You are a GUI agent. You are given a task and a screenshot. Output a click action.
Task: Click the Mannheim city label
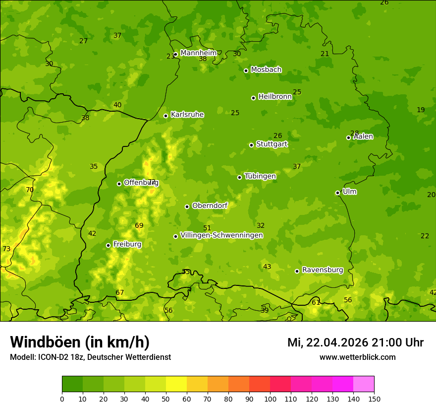[x=198, y=53]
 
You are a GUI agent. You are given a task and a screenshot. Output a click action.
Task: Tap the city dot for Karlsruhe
[x=165, y=116]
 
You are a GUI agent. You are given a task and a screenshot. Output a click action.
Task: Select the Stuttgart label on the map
[x=272, y=144]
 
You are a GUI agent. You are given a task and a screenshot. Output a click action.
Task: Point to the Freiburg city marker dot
[x=108, y=245]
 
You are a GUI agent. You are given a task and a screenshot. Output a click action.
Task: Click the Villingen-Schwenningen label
[x=221, y=235]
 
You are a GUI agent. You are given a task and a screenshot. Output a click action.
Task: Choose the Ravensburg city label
[x=322, y=270]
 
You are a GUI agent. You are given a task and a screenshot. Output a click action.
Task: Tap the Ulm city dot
[x=337, y=193]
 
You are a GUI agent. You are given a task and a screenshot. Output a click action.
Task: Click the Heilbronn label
[x=274, y=97]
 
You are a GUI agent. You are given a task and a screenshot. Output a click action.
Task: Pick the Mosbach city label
[x=266, y=70]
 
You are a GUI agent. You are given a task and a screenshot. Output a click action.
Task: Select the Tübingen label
[x=260, y=176]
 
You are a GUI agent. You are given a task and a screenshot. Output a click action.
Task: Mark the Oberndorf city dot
[x=187, y=206]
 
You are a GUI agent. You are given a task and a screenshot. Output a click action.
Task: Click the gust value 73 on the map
[x=6, y=249]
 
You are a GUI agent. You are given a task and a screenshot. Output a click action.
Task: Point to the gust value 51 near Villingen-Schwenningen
[x=207, y=228]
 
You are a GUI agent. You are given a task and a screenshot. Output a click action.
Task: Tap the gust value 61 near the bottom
[x=316, y=302]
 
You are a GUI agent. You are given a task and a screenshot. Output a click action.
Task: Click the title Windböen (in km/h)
[x=80, y=342]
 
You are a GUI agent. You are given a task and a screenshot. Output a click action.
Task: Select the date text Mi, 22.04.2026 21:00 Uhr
[x=355, y=343]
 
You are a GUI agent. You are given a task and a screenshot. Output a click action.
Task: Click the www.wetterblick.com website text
[x=357, y=357]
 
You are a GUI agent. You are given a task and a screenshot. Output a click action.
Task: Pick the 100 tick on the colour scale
[x=270, y=399]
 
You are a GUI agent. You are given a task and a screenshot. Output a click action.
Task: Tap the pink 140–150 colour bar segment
[x=364, y=384]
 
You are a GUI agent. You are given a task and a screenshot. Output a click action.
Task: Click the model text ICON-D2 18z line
[x=90, y=357]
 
